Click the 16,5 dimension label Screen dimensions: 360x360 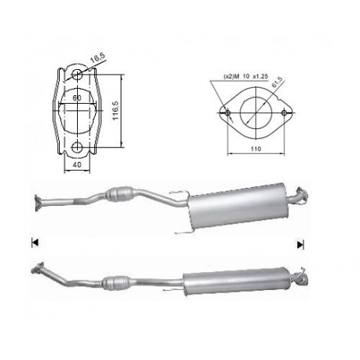pos(97,58)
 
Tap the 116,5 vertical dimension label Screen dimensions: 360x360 pos(116,111)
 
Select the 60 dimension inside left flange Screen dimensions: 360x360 pos(77,98)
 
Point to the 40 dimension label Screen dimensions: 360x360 pos(77,164)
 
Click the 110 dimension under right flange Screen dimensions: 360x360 pos(256,149)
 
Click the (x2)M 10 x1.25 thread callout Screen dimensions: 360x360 pos(246,76)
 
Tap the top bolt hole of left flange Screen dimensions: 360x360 pos(77,75)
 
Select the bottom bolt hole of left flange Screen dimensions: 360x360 pos(77,147)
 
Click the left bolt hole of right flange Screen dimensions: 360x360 pos(228,113)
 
